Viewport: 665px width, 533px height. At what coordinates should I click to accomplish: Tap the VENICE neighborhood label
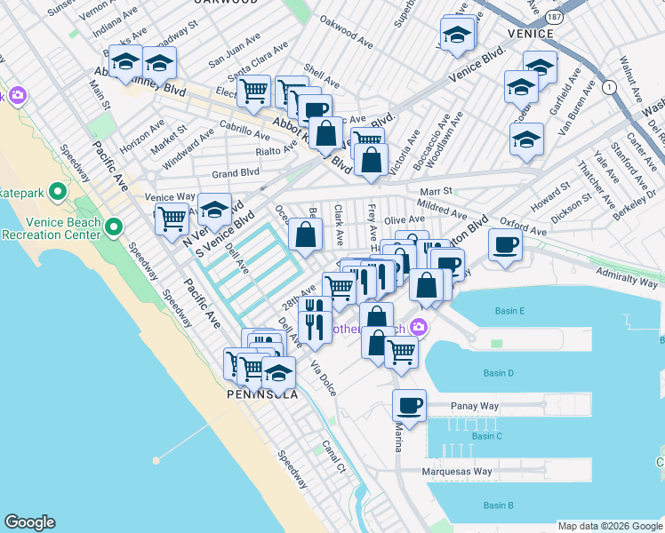pyautogui.click(x=531, y=33)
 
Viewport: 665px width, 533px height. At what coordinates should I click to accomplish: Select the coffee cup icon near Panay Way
pyautogui.click(x=409, y=405)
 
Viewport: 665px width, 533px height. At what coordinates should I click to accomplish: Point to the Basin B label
pyautogui.click(x=498, y=505)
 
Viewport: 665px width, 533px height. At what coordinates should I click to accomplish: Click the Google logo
pyautogui.click(x=29, y=522)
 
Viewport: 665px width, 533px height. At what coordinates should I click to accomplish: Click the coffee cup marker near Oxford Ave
pyautogui.click(x=505, y=245)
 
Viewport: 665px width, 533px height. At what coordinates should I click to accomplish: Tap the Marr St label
pyautogui.click(x=435, y=191)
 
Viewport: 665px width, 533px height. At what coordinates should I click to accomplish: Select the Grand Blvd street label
pyautogui.click(x=235, y=172)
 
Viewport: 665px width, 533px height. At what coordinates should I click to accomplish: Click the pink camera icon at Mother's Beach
pyautogui.click(x=417, y=330)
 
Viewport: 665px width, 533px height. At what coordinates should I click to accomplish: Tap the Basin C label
pyautogui.click(x=487, y=436)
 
